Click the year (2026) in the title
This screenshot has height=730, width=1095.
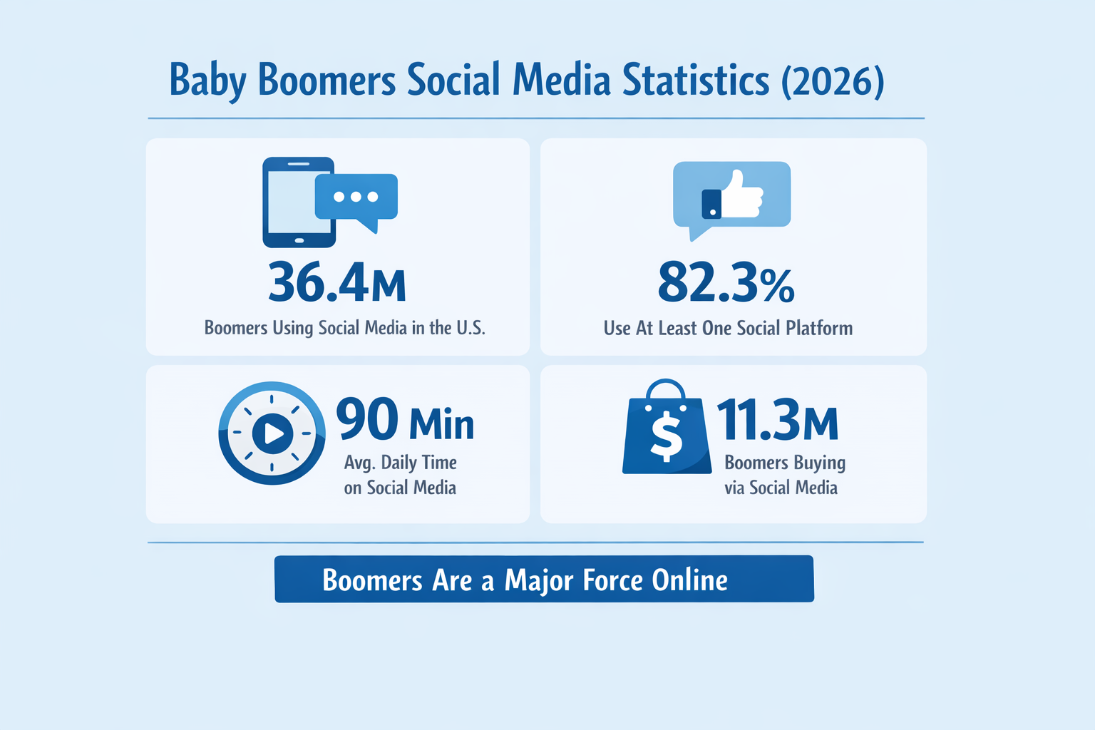click(x=833, y=80)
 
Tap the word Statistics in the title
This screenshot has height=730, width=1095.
click(x=696, y=80)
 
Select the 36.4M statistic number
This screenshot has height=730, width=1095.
click(x=337, y=283)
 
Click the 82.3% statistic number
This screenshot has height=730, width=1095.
click(x=726, y=283)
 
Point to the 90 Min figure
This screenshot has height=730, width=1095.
click(x=404, y=420)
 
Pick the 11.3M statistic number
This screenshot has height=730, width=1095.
click(x=777, y=420)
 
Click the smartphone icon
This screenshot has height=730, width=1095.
click(x=298, y=202)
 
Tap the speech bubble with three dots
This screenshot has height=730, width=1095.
click(x=356, y=197)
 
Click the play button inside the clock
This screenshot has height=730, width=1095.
click(x=272, y=433)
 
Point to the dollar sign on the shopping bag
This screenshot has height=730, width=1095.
click(x=667, y=437)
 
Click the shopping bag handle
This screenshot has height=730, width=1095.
click(x=666, y=390)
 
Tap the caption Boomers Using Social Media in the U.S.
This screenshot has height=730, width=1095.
click(x=344, y=328)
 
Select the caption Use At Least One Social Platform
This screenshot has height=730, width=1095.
click(x=728, y=328)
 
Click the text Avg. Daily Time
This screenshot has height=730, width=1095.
click(x=400, y=463)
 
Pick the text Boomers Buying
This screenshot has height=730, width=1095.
click(x=785, y=463)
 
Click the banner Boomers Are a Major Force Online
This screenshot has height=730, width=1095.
click(x=544, y=580)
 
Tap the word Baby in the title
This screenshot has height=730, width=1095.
click(x=207, y=80)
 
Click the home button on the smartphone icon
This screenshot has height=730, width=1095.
click(x=299, y=240)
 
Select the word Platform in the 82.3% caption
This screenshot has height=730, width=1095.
click(x=819, y=328)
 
